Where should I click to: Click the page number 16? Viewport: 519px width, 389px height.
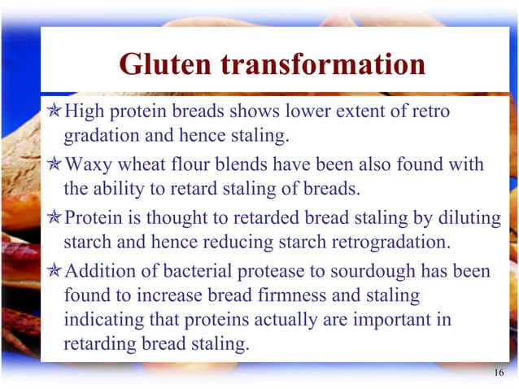(x=499, y=373)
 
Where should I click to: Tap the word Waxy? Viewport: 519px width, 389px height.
(x=87, y=165)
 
